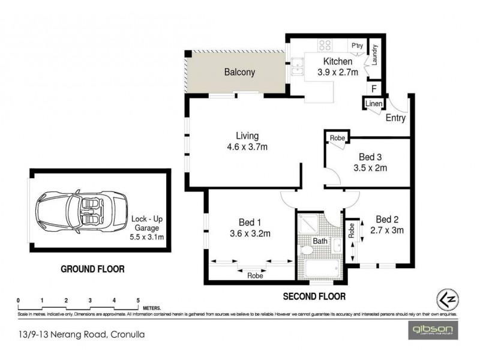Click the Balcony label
coord(239,72)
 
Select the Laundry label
coord(373,56)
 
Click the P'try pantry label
coord(358,45)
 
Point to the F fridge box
coord(374,89)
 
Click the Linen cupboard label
coord(373,104)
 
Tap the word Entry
coord(395,118)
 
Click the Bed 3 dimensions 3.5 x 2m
coord(370,168)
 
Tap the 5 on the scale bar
coord(138,301)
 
